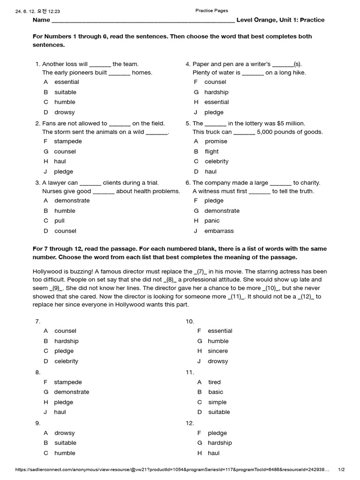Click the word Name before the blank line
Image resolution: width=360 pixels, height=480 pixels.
tap(41, 20)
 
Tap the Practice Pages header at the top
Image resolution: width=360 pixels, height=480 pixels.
tap(211, 11)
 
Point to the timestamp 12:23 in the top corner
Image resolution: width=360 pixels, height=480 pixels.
tap(53, 11)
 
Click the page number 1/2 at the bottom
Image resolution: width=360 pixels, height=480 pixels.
tap(341, 470)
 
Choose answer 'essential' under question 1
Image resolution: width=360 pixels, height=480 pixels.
tap(67, 82)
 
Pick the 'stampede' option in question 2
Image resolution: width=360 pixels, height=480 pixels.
tap(67, 142)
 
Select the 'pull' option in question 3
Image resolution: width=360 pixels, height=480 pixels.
tap(60, 221)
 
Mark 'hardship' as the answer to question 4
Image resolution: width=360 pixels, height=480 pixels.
tap(216, 92)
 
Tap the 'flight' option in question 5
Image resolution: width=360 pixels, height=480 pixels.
tap(211, 152)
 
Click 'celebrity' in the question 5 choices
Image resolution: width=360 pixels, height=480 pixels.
tap(217, 162)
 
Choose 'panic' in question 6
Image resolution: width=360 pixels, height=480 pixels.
tap(212, 221)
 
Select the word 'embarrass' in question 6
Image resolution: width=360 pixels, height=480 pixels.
tap(219, 231)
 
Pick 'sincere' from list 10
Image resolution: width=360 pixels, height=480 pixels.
tap(218, 351)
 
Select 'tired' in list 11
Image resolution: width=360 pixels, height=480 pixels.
tap(214, 382)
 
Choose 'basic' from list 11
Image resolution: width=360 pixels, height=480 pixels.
tap(216, 392)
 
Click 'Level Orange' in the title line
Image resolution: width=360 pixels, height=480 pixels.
tap(257, 20)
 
